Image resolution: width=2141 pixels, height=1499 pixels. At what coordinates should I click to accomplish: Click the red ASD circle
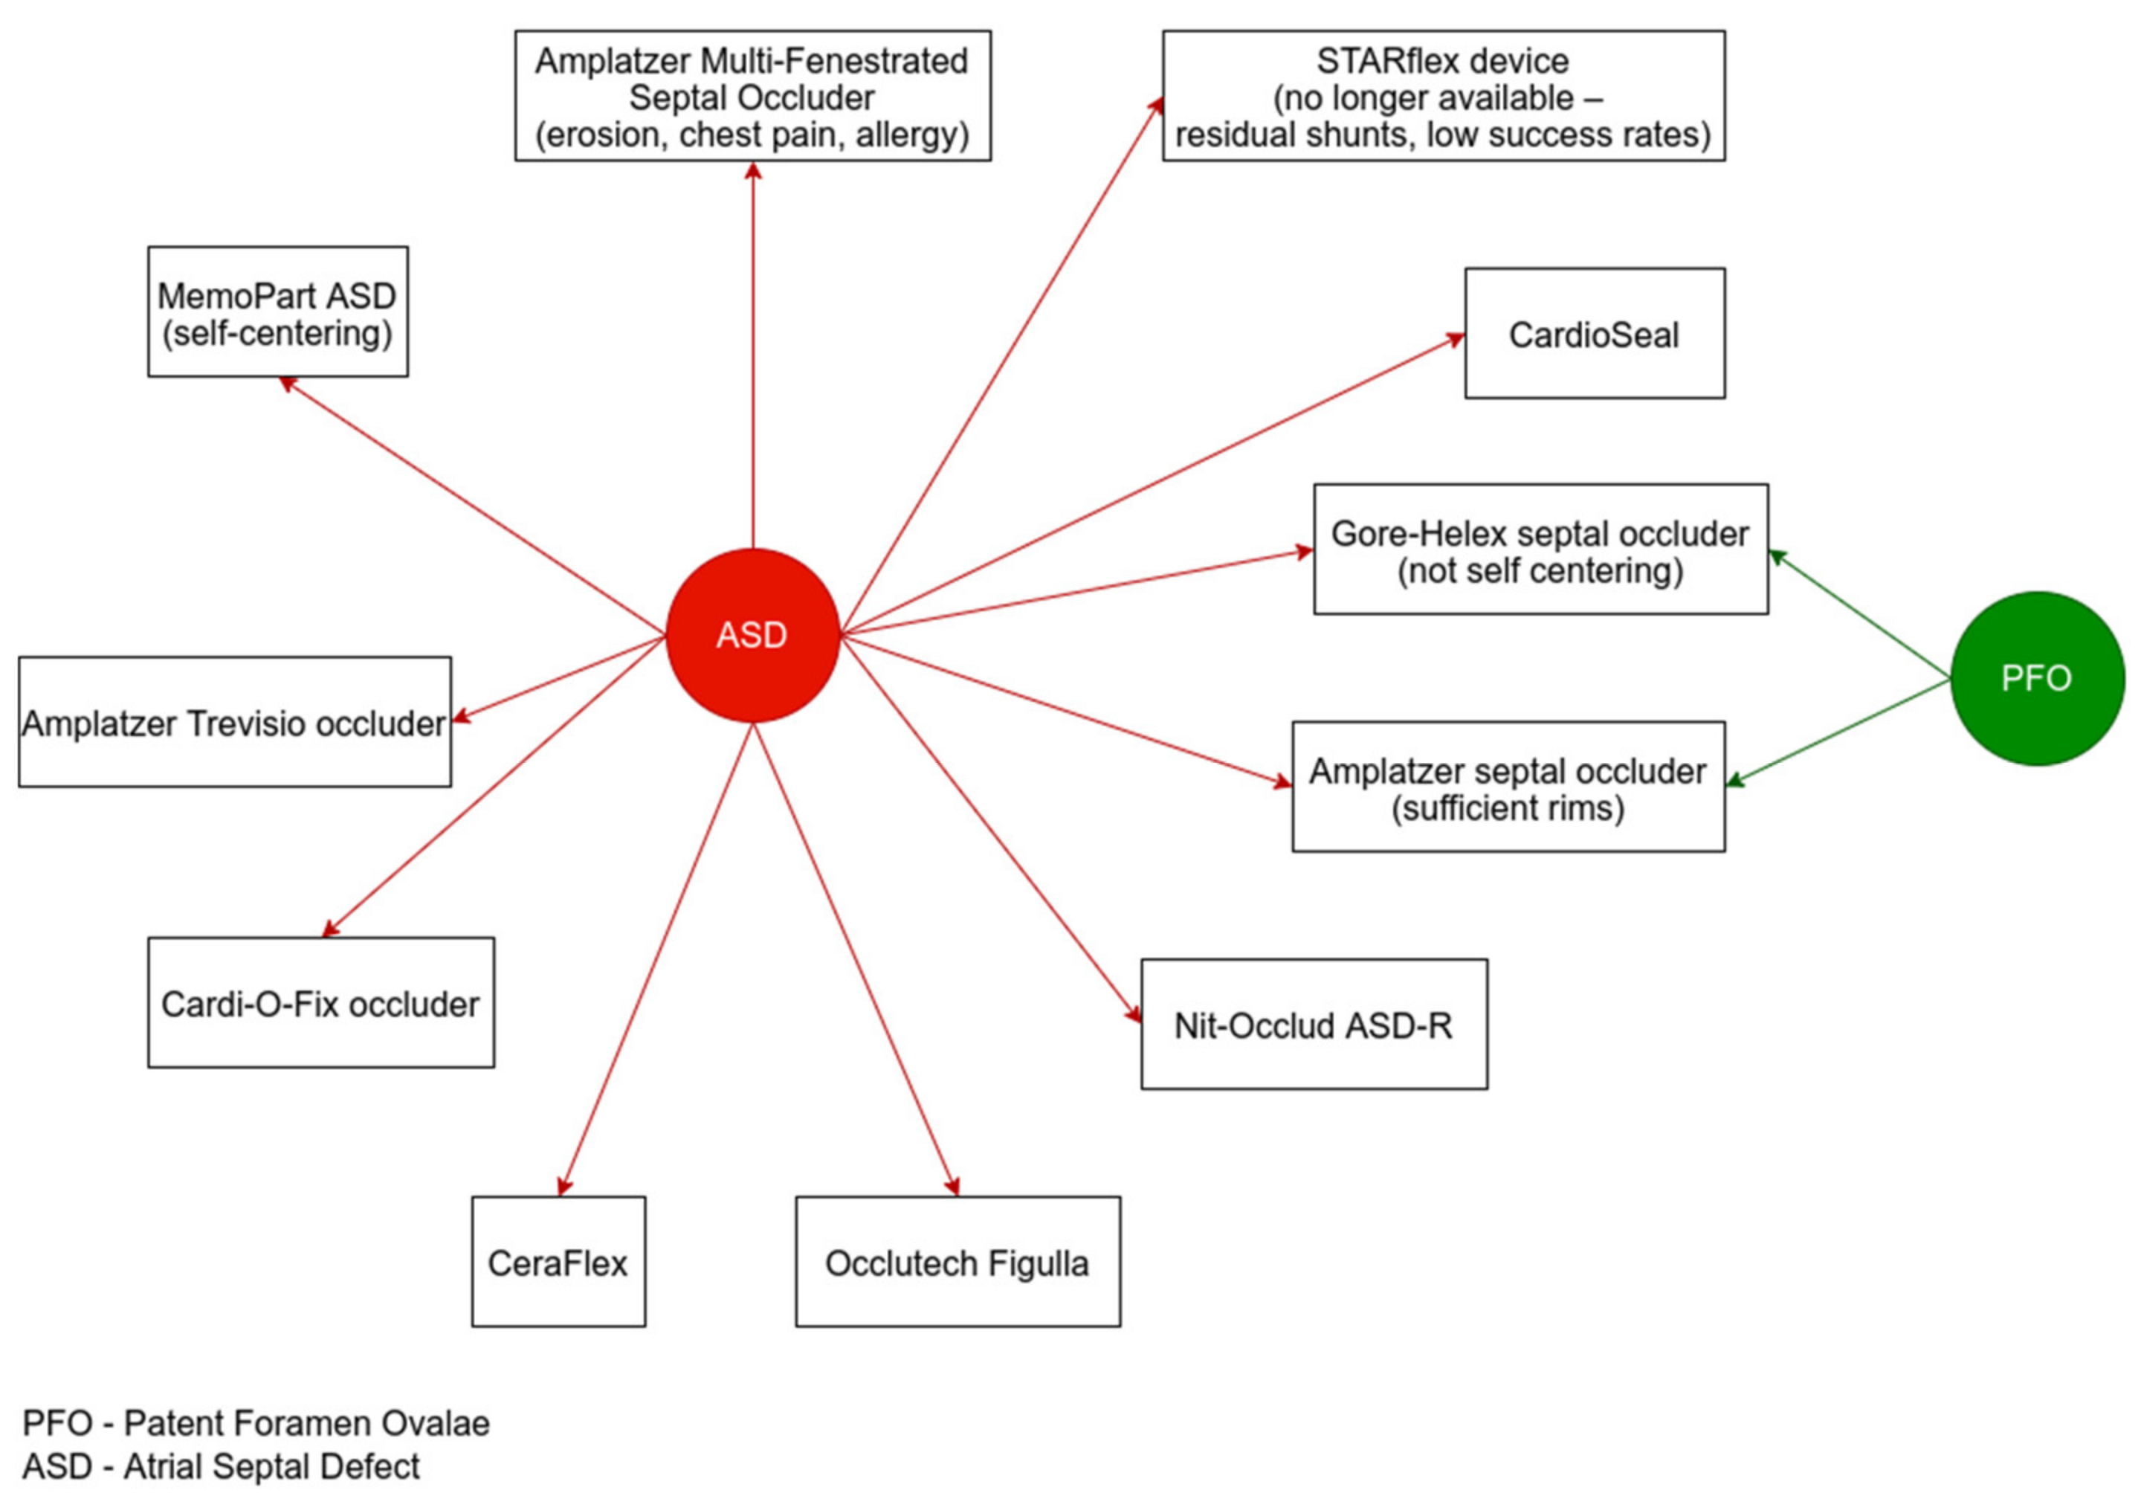[752, 635]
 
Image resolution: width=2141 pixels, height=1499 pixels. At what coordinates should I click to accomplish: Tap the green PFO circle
[2037, 678]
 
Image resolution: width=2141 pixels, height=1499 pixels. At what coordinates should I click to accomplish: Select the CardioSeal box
[1595, 334]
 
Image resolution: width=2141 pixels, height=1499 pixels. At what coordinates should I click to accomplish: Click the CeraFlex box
[558, 1262]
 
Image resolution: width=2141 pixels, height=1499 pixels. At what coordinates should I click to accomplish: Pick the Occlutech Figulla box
[958, 1262]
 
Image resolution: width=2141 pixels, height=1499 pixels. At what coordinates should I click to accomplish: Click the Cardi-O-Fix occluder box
[320, 1003]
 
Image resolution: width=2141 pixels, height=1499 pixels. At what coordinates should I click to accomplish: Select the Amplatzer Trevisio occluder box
[234, 722]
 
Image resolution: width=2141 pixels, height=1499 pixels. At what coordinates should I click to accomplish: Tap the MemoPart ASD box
[277, 312]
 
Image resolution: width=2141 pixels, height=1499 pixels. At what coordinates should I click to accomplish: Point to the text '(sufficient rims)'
[1508, 807]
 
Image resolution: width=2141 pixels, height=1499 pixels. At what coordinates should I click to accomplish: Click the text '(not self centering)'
[1540, 570]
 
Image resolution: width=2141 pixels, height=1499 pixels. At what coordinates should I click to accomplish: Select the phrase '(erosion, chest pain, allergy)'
[752, 135]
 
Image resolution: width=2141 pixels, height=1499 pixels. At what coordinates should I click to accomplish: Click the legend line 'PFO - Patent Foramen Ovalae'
[256, 1422]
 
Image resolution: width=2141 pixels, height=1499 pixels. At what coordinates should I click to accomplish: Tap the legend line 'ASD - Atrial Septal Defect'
[221, 1466]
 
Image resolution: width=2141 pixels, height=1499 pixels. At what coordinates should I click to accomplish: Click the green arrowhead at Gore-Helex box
[1777, 556]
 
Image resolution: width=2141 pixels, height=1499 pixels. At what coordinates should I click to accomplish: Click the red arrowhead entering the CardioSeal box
[1456, 340]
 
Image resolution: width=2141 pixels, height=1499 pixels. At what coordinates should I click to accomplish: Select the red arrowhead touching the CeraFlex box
[563, 1187]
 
